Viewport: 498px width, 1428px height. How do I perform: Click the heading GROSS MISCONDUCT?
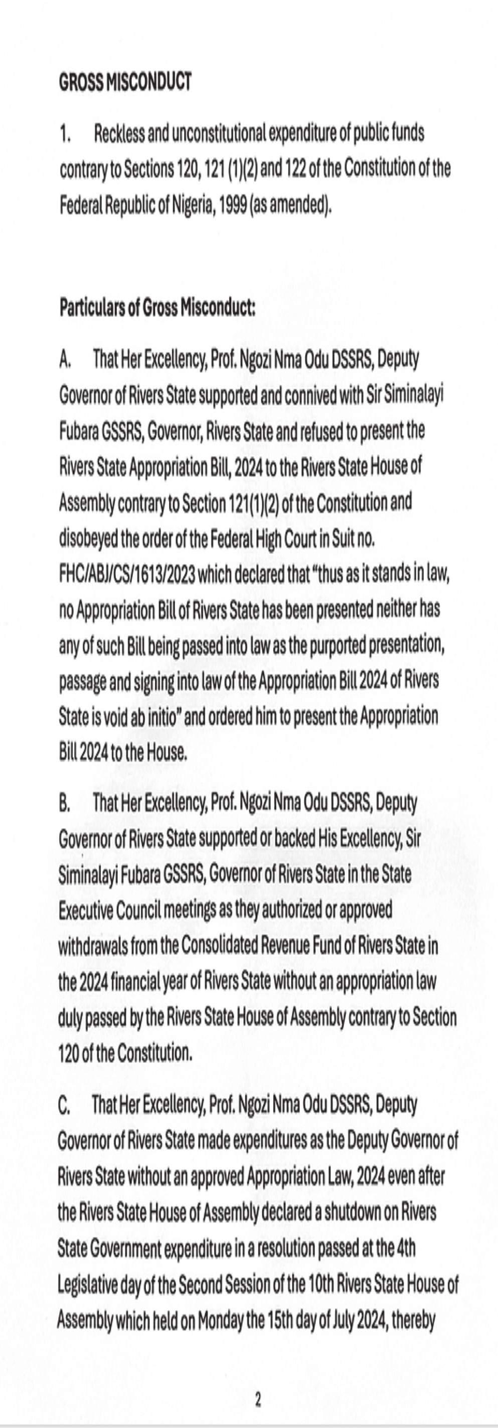pos(125,82)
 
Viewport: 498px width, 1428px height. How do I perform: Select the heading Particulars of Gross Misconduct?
pos(157,308)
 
